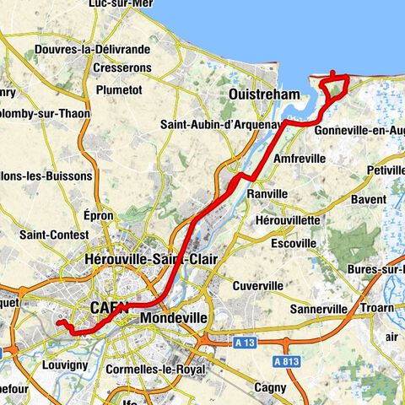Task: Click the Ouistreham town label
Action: [264, 95]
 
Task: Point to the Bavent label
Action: [367, 199]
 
